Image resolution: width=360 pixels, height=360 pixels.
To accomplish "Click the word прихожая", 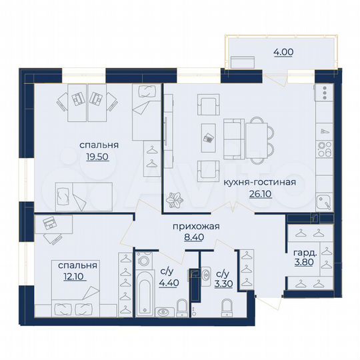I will click(197, 226).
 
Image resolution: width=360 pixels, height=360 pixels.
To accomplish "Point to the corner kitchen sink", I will click(323, 201).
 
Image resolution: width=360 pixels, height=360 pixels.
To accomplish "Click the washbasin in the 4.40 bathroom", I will click(163, 311).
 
